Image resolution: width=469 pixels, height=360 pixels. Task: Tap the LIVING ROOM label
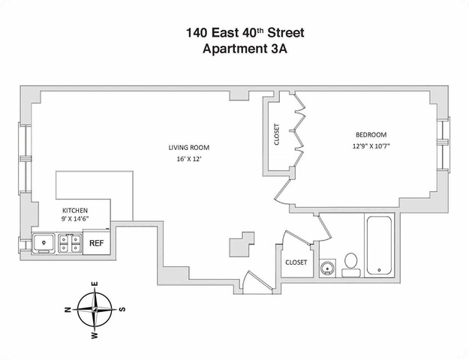(x=188, y=147)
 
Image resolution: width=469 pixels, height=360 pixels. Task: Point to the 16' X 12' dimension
(x=188, y=159)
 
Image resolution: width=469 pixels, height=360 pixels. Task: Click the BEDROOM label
(x=371, y=135)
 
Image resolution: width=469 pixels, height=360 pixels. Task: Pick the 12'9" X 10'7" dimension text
(x=371, y=146)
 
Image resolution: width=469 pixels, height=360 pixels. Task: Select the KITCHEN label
(x=75, y=211)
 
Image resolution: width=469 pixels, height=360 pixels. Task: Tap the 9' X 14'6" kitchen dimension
(x=75, y=220)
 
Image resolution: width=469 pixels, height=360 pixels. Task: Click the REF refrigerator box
(x=97, y=243)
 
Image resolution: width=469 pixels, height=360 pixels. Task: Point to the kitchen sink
(x=45, y=243)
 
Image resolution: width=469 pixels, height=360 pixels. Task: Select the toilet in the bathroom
(x=350, y=264)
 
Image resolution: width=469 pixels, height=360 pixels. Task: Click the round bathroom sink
(x=327, y=268)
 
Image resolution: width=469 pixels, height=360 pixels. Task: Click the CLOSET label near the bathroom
(x=296, y=262)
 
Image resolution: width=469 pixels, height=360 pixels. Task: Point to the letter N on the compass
(x=68, y=309)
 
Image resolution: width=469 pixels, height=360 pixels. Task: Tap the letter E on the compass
(x=95, y=284)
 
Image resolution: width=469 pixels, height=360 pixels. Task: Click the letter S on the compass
(x=122, y=309)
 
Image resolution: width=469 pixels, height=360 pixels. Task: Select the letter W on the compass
(x=95, y=335)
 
